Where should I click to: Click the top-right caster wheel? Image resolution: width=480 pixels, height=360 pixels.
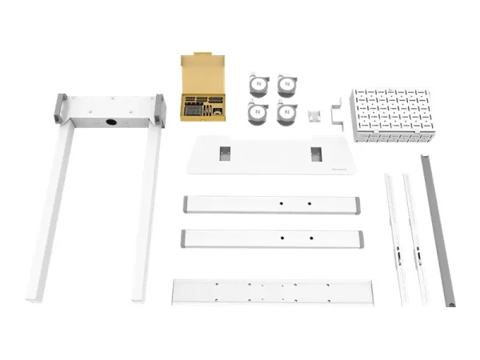tap(286, 86)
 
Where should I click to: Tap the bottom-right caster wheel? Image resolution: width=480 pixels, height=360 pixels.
tap(286, 114)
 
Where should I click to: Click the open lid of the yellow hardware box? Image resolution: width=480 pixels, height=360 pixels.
tap(204, 74)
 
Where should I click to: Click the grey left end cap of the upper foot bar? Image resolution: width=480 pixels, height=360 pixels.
tap(186, 204)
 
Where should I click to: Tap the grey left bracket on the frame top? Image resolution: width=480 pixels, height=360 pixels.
tap(59, 108)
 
